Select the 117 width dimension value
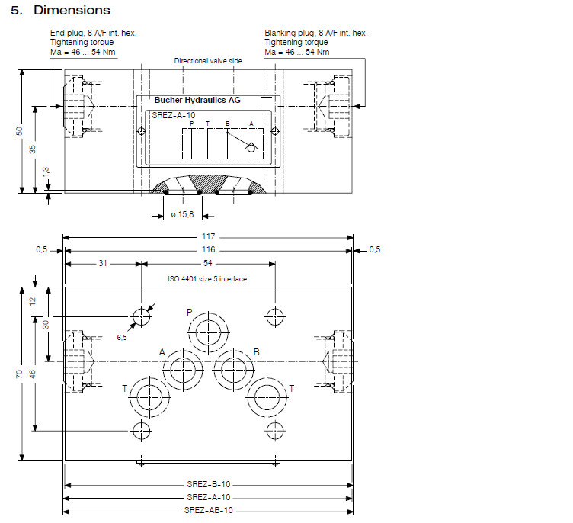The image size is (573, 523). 208,236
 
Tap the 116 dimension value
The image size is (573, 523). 208,249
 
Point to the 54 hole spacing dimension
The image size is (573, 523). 208,263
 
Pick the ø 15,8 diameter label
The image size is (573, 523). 182,215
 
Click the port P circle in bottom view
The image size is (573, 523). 206,333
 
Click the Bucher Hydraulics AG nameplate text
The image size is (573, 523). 197,100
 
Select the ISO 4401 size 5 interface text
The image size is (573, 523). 207,279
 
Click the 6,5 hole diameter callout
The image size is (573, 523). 121,335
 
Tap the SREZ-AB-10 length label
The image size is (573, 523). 208,510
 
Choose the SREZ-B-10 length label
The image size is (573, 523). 208,484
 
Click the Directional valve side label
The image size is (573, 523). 207,60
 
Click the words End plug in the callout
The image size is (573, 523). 65,34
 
